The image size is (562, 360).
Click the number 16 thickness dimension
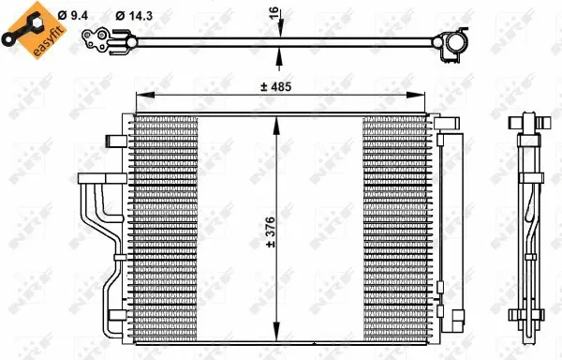pos(274,14)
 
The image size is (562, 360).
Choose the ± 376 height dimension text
pos(270,231)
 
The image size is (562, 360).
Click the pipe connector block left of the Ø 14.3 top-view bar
pos(97,38)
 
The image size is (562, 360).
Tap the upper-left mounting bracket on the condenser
pos(116,140)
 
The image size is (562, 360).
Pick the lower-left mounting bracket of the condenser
pos(115,319)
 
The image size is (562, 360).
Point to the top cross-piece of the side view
pos(528,123)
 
